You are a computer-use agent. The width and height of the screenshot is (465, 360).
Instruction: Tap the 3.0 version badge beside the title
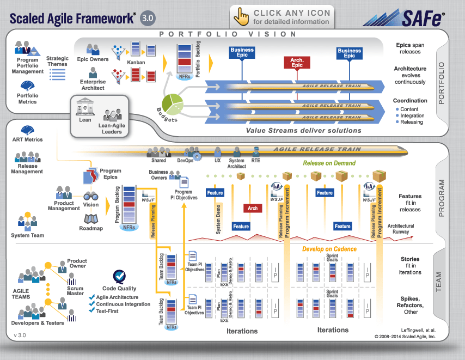point(148,17)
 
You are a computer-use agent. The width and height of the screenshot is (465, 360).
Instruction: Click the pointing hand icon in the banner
point(241,17)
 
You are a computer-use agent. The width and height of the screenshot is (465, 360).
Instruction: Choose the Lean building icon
point(85,107)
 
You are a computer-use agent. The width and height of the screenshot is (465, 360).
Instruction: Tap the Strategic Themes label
point(57,62)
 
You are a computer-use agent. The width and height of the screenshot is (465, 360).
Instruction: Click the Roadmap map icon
point(91,219)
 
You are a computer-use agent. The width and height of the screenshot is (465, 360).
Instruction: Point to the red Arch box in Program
point(253,208)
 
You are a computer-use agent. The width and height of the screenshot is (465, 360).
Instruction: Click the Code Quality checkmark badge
point(119,277)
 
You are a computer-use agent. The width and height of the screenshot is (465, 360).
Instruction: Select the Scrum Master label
point(75,291)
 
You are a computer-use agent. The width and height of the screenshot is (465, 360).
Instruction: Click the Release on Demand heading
point(329,163)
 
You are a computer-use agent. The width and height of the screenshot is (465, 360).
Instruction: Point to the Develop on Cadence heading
point(329,249)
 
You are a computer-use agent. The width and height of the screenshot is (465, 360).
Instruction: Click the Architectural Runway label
point(401,229)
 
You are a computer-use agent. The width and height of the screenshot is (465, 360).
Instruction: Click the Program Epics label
point(111,173)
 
